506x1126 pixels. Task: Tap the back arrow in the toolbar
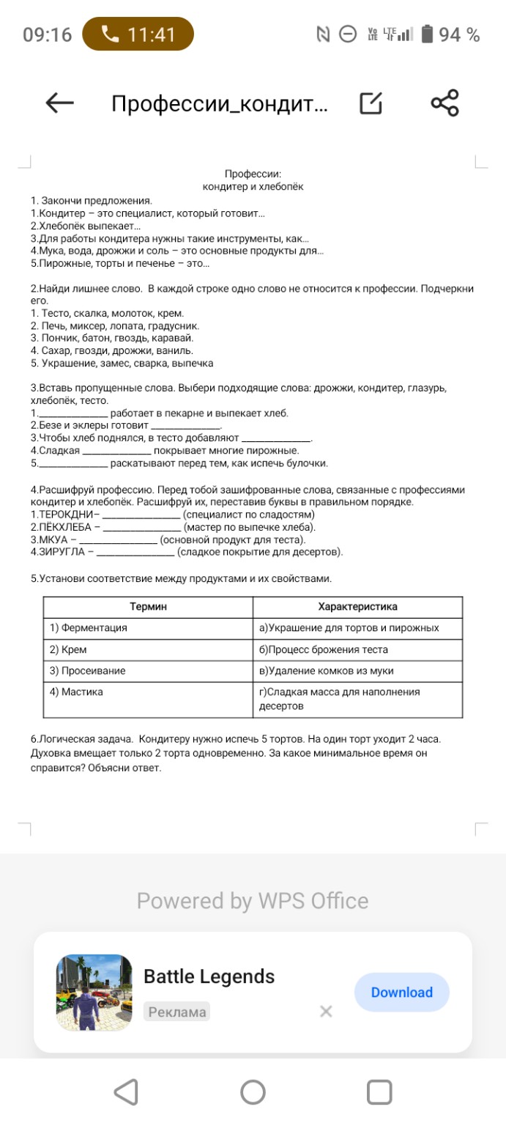point(60,104)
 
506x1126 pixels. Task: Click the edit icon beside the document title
point(371,104)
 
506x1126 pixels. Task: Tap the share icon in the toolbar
point(444,103)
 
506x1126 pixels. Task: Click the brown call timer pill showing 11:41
point(138,34)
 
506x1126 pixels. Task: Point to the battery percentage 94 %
point(459,34)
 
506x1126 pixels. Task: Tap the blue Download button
point(401,992)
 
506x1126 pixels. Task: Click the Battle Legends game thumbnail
point(94,993)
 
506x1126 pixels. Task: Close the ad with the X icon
point(326,1012)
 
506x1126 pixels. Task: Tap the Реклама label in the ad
point(176,1012)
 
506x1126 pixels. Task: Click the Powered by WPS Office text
point(253,900)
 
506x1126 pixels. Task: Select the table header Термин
point(148,607)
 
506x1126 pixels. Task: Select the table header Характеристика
point(357,607)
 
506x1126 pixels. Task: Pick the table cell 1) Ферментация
point(89,628)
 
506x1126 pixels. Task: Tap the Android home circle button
point(253,1092)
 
